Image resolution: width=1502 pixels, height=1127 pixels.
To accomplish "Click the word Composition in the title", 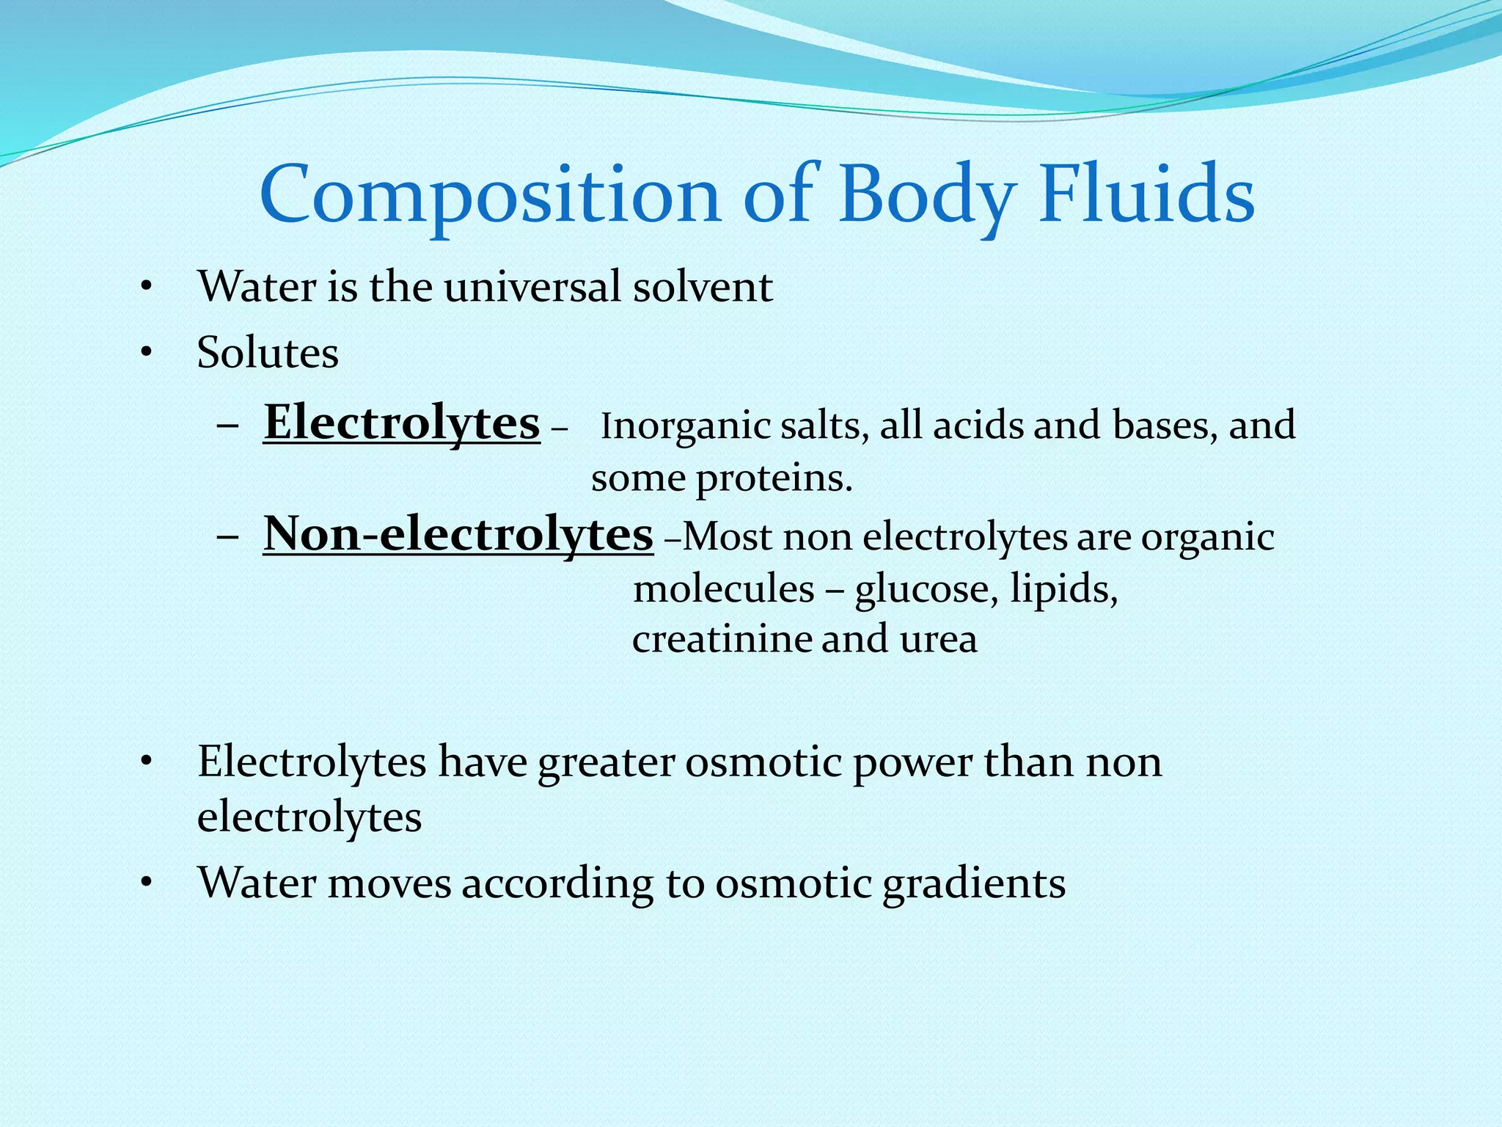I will (490, 195).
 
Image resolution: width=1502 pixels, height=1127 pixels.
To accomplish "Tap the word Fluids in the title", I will (1146, 195).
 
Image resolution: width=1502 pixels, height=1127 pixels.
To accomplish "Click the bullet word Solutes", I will (268, 353).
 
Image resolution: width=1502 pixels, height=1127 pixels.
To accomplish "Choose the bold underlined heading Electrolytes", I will (402, 423).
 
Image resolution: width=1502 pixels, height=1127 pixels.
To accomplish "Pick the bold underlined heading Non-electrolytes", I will (458, 533).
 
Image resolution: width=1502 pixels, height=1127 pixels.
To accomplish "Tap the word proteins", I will (774, 479).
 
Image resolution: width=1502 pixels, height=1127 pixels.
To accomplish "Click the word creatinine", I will (722, 639).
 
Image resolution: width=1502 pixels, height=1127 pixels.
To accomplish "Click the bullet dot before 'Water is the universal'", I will (147, 287).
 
